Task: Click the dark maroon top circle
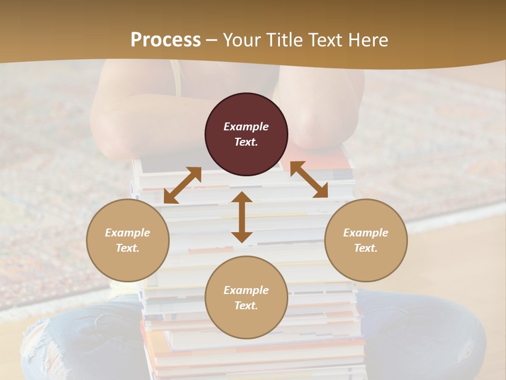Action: click(246, 134)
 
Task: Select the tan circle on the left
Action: click(128, 240)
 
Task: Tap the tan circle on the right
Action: click(366, 240)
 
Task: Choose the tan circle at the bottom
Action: click(246, 298)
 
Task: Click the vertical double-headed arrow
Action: click(242, 217)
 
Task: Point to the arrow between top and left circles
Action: click(182, 185)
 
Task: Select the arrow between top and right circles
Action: click(309, 179)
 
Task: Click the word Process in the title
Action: click(166, 40)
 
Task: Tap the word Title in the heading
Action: click(283, 40)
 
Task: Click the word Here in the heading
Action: click(368, 40)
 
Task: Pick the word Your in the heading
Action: click(241, 40)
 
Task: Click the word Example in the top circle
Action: click(246, 127)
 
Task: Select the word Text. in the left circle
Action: click(128, 248)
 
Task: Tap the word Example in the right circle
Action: click(366, 233)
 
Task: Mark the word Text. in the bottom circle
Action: click(246, 306)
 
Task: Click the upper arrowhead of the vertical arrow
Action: click(242, 197)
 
